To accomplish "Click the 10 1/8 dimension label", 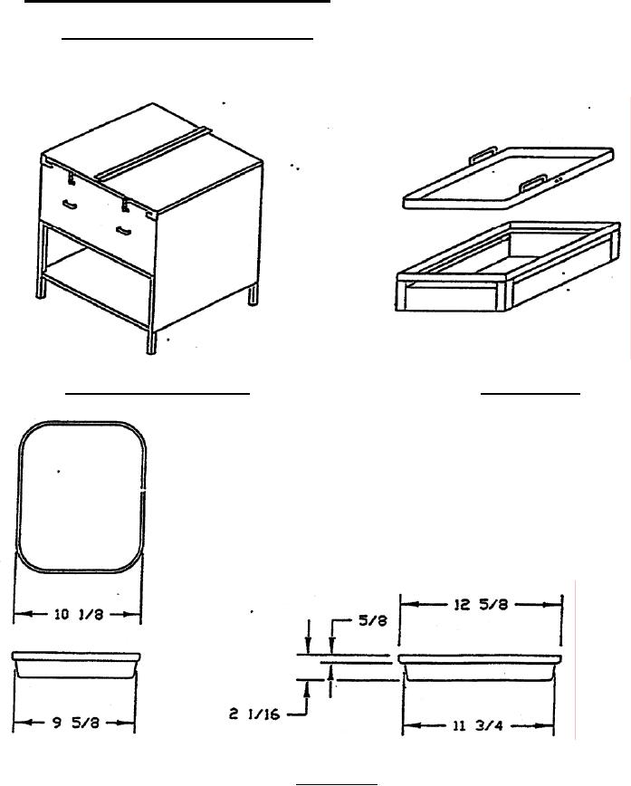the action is click(x=78, y=614).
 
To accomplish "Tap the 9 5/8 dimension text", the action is click(x=76, y=723).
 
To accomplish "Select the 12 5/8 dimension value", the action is click(x=481, y=605).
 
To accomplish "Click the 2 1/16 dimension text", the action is click(x=254, y=714).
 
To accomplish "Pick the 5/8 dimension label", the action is click(x=373, y=620).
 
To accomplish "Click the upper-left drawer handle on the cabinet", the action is click(x=71, y=205).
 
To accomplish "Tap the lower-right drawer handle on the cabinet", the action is click(x=123, y=231).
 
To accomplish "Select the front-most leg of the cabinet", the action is click(x=151, y=342).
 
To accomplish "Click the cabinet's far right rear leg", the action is click(x=253, y=295).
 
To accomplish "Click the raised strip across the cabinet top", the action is click(x=154, y=154).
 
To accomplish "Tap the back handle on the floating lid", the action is click(x=483, y=154).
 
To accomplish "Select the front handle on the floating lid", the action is click(x=532, y=184).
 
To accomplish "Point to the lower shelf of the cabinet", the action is click(x=95, y=290).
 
